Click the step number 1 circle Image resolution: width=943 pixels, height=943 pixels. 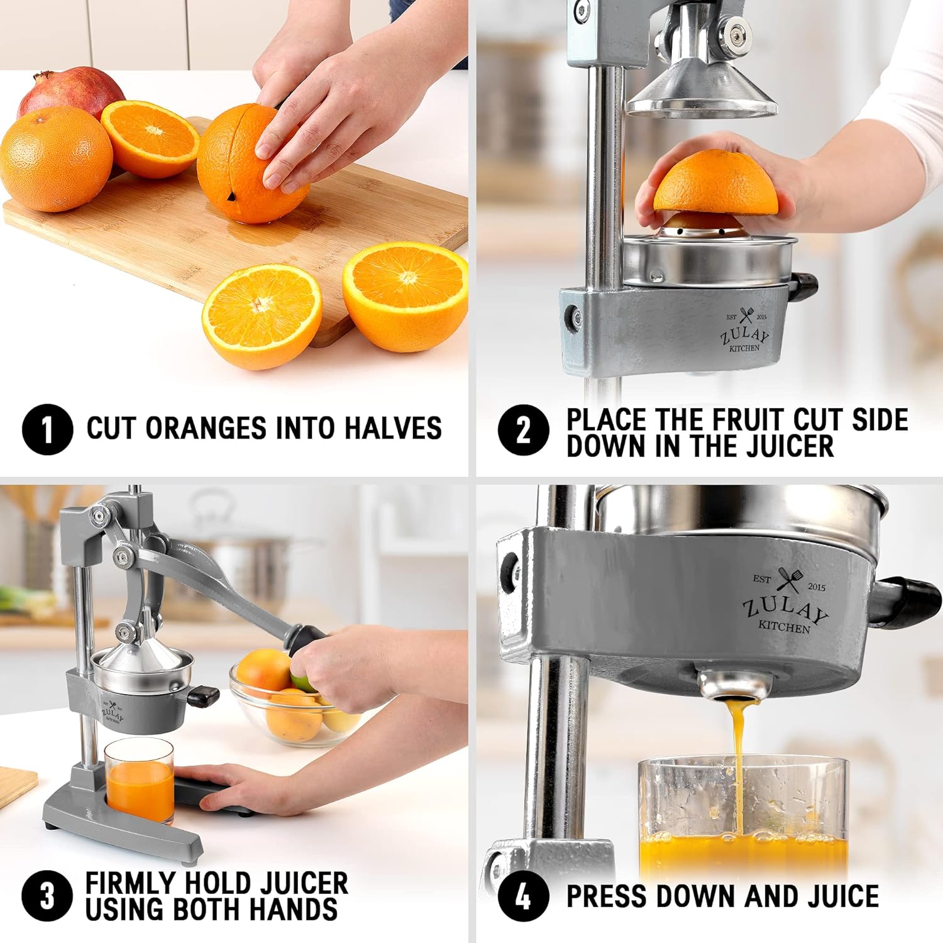pos(47,429)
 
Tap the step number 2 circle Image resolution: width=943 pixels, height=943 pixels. pos(524,430)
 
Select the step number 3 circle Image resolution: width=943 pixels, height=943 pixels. pos(47,896)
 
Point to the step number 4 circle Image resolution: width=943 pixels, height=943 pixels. pos(524,896)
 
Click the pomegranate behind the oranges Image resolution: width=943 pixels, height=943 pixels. pos(69,91)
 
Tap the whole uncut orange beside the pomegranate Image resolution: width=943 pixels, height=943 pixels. pos(55,159)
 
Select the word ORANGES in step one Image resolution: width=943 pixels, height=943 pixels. pos(206,428)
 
